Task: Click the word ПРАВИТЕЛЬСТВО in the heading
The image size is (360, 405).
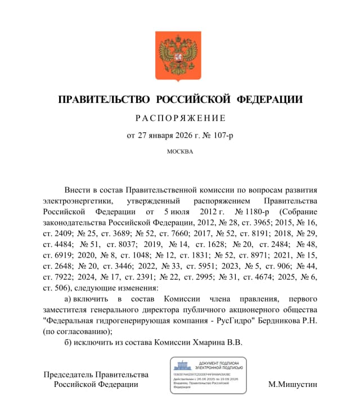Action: [96, 100]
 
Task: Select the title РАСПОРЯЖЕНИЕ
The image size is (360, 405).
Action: [180, 118]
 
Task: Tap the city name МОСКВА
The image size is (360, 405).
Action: [180, 151]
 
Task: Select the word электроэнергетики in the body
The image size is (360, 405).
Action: [78, 200]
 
